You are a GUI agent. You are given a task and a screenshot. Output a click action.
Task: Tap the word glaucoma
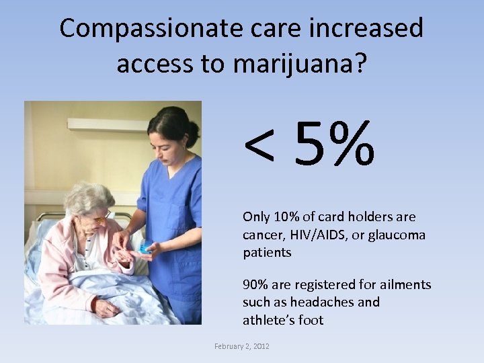click(396, 235)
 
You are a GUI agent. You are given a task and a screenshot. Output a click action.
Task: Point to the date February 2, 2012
click(241, 346)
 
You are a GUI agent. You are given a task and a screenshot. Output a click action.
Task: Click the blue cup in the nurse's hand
click(145, 248)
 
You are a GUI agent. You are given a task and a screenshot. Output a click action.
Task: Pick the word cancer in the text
click(263, 235)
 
